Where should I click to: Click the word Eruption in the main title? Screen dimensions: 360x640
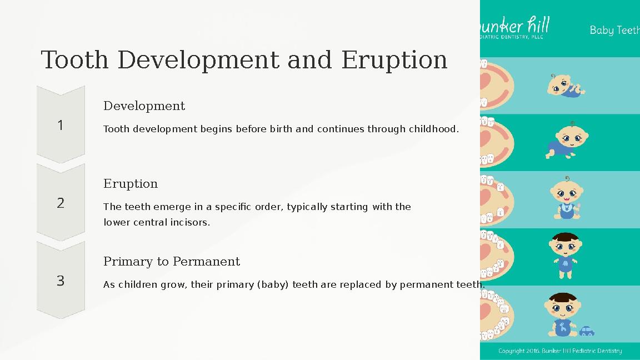pyautogui.click(x=394, y=60)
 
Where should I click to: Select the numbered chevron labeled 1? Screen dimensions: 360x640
pyautogui.click(x=61, y=125)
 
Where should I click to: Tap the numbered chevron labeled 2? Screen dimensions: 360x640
pyautogui.click(x=61, y=203)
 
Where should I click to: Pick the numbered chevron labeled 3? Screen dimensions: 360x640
pyautogui.click(x=61, y=281)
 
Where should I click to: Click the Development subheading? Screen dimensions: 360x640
pyautogui.click(x=144, y=106)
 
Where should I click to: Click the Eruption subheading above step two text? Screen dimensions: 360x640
pyautogui.click(x=131, y=183)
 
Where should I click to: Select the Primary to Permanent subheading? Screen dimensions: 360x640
pyautogui.click(x=172, y=261)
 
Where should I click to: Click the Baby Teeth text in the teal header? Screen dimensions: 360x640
pyautogui.click(x=614, y=30)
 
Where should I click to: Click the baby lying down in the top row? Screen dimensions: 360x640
pyautogui.click(x=564, y=86)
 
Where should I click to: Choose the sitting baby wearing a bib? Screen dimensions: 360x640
pyautogui.click(x=567, y=199)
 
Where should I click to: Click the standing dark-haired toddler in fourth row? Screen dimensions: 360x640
pyautogui.click(x=566, y=255)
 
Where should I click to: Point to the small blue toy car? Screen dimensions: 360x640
pyautogui.click(x=587, y=331)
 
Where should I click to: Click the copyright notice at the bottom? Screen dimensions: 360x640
pyautogui.click(x=559, y=351)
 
